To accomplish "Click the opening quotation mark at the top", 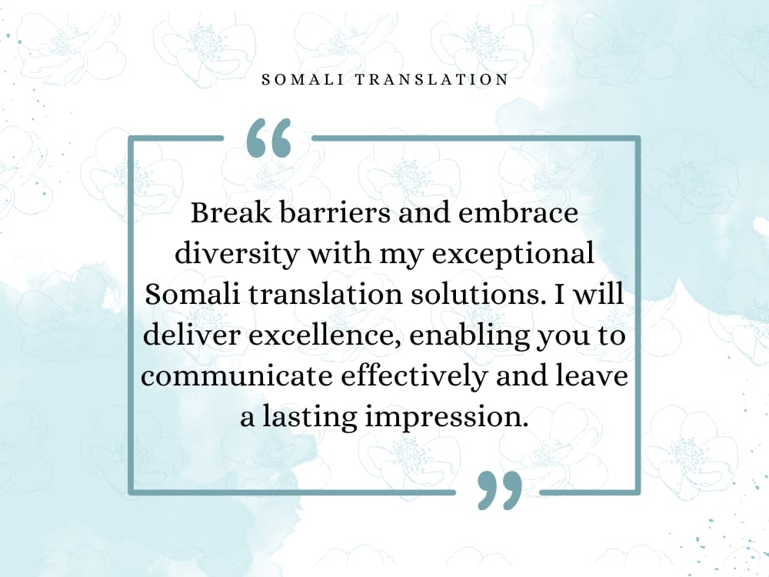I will tap(268, 138).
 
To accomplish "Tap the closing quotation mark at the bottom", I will tap(499, 490).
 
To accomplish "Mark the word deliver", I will tap(185, 336).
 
